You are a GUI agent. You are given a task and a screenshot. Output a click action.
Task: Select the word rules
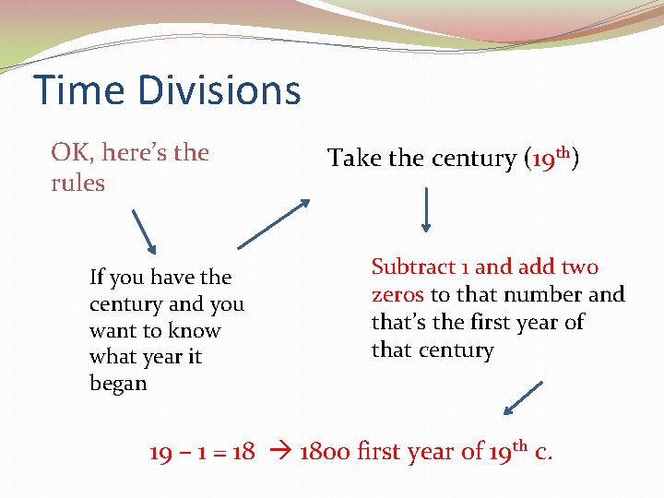(x=77, y=183)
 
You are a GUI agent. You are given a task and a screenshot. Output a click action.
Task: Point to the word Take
(x=354, y=159)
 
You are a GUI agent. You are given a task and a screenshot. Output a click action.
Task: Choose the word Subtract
(x=412, y=267)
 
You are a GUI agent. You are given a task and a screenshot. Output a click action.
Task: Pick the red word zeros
(x=397, y=295)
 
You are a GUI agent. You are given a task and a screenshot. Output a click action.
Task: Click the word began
(x=118, y=384)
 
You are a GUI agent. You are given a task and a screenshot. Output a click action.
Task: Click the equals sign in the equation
(x=219, y=453)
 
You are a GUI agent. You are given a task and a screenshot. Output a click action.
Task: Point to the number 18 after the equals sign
(x=243, y=452)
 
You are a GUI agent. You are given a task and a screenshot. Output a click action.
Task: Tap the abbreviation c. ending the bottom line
(x=544, y=452)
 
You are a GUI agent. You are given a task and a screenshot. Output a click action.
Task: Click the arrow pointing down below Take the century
(x=427, y=209)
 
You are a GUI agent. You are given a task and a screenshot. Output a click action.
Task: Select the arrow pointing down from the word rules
(x=144, y=231)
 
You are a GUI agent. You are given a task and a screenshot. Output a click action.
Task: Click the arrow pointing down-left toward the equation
(x=523, y=397)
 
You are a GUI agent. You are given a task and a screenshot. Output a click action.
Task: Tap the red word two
(x=580, y=267)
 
